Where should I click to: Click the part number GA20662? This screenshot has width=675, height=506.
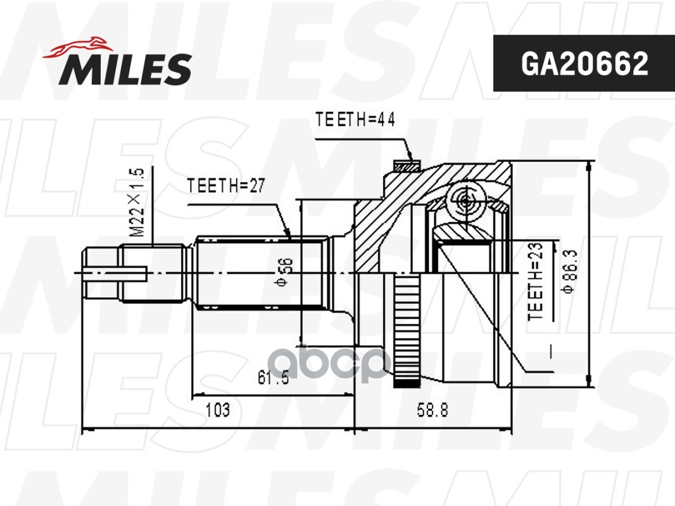point(584,63)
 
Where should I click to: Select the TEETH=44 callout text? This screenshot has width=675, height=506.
point(355,121)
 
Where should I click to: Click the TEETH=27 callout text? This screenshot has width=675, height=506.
point(225,185)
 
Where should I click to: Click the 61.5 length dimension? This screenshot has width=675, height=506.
point(273,378)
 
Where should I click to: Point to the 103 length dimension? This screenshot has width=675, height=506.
point(217,410)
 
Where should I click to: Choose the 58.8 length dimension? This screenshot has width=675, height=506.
point(432,410)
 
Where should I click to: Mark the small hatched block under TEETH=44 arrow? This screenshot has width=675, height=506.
point(407,167)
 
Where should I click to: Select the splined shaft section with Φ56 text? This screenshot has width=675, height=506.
point(260,273)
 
